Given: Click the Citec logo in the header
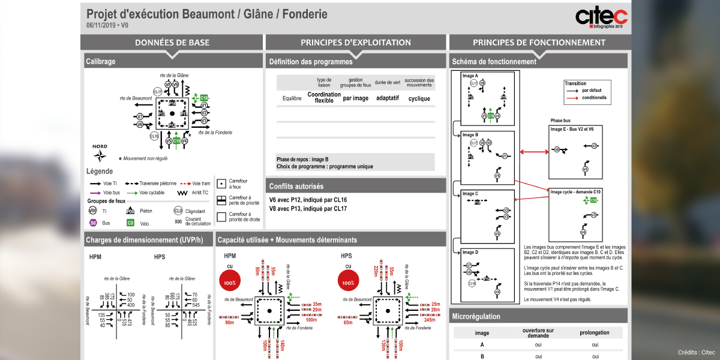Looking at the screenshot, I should click(x=601, y=17).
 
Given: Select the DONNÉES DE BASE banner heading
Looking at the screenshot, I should click(x=172, y=43).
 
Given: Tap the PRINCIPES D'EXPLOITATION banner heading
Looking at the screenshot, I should click(x=356, y=43).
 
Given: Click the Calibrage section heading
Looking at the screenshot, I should click(x=101, y=61).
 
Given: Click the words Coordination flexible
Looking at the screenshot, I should click(x=324, y=98).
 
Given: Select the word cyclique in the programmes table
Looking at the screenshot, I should click(x=419, y=98).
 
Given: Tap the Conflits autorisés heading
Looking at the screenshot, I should click(x=296, y=186).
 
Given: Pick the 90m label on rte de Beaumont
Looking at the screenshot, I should click(x=229, y=323).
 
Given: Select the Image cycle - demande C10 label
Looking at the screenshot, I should click(x=576, y=191).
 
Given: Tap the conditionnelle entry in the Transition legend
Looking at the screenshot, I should click(x=594, y=98).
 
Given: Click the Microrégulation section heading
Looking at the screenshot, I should click(x=476, y=316).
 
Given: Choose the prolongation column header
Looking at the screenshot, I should click(x=595, y=332).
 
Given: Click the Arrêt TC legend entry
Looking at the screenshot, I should click(x=200, y=193).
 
